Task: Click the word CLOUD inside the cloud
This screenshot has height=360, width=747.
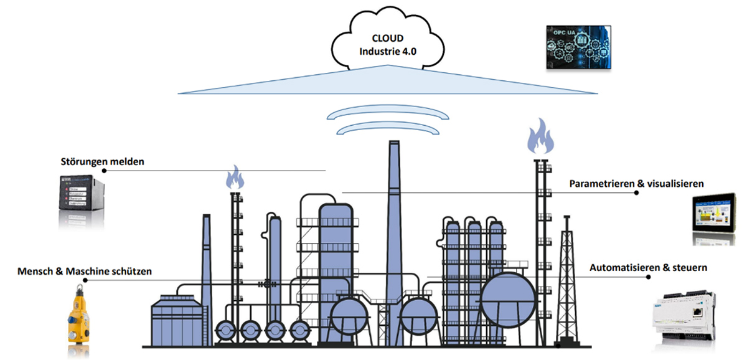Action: pyautogui.click(x=387, y=37)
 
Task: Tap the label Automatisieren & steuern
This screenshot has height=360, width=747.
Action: pyautogui.click(x=648, y=268)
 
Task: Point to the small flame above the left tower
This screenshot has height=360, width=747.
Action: pyautogui.click(x=235, y=178)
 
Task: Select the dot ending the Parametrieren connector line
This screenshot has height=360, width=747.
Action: pyautogui.click(x=636, y=193)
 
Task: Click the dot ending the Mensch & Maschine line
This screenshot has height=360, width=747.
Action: pyautogui.click(x=85, y=280)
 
